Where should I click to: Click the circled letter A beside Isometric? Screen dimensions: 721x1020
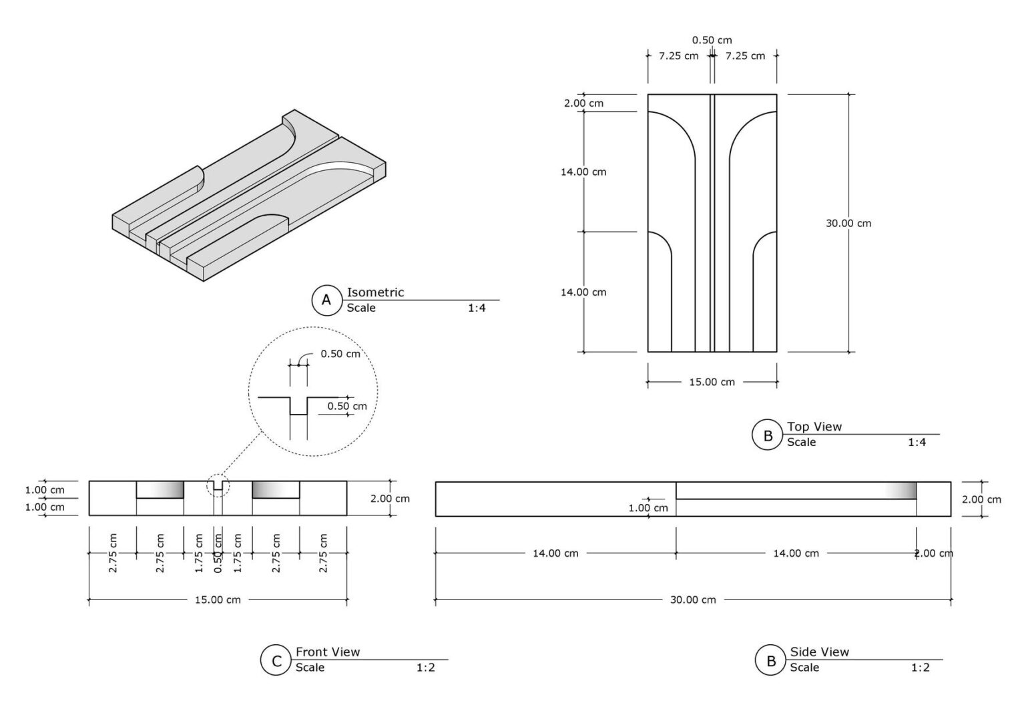[326, 300]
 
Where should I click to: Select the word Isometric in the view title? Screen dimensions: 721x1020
[375, 292]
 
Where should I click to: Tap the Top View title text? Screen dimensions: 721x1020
[814, 427]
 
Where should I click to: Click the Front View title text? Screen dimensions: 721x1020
[328, 652]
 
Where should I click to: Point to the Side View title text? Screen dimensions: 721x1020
[820, 652]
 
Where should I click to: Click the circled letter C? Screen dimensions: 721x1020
[276, 661]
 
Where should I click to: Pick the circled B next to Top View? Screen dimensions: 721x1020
[768, 436]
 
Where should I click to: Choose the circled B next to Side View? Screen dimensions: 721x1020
[771, 661]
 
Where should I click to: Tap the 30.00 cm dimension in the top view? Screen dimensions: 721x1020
[848, 223]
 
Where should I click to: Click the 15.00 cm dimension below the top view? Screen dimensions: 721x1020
[712, 382]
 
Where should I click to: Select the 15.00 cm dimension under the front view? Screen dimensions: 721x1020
[218, 599]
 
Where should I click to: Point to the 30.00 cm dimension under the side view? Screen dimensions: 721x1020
[693, 599]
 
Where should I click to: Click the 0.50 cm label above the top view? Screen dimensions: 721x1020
[712, 40]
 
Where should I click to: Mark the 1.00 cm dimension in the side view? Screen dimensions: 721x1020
[648, 507]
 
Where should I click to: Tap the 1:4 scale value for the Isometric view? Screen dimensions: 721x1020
[477, 308]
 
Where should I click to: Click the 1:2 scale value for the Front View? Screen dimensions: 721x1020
[426, 667]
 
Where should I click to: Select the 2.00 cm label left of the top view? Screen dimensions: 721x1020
[583, 103]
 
